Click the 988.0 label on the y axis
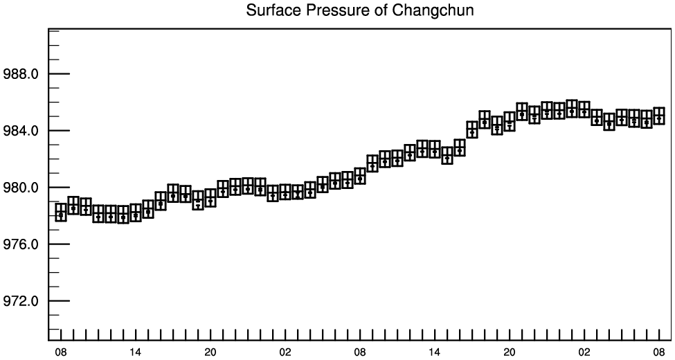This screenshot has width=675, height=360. [21, 74]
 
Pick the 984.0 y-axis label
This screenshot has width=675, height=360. [21, 131]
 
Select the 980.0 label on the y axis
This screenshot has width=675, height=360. [21, 188]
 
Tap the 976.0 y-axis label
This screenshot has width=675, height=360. [21, 244]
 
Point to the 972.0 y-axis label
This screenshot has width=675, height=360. [21, 301]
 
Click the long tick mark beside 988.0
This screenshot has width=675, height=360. [59, 74]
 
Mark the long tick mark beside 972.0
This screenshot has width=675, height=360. [59, 301]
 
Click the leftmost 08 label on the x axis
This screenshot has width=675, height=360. [61, 352]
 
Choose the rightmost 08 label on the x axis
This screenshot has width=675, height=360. [659, 352]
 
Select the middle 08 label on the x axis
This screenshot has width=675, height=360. [360, 352]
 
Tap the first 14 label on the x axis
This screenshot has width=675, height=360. [136, 352]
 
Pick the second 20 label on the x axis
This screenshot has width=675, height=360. [510, 352]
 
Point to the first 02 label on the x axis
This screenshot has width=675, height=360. [285, 352]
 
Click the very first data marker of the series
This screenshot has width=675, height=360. [61, 213]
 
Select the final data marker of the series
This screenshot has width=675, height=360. [659, 116]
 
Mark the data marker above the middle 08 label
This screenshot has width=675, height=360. [360, 176]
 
